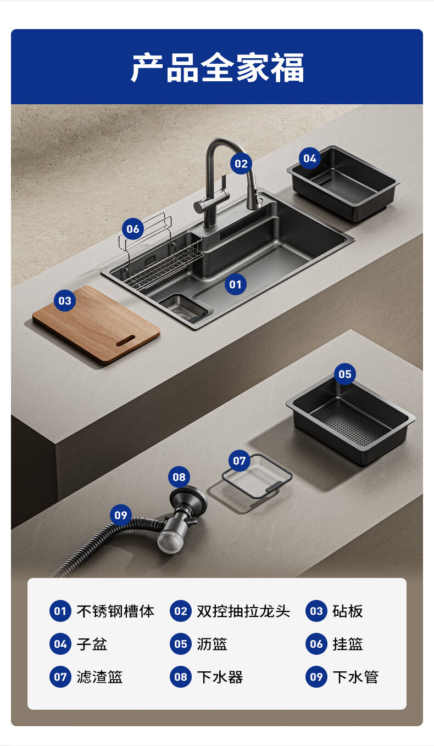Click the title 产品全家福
[217, 67]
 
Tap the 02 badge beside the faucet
[241, 164]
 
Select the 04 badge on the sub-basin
[309, 158]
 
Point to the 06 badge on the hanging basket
[132, 229]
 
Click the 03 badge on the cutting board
[65, 301]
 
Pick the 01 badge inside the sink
[235, 284]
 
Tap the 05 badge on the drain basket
[344, 374]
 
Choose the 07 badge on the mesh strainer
[240, 461]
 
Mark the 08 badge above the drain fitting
[179, 477]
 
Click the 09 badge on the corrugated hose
[121, 515]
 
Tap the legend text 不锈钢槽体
[115, 611]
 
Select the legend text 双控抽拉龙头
[243, 611]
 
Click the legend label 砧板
[348, 611]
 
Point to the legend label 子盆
[92, 644]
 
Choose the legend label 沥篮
[212, 644]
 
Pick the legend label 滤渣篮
[99, 677]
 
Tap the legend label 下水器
[220, 677]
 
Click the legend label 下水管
[355, 677]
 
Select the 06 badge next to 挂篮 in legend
[316, 644]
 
